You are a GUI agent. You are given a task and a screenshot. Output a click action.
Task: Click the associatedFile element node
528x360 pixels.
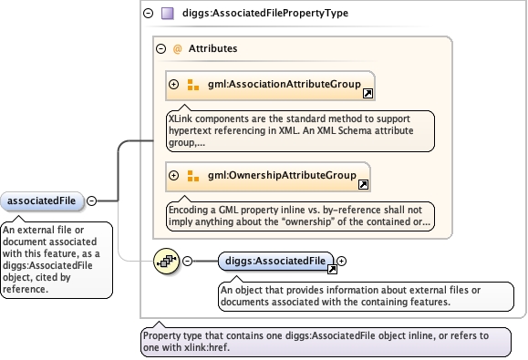[x=42, y=201]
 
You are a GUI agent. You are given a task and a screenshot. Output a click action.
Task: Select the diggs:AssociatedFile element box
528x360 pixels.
[x=275, y=261]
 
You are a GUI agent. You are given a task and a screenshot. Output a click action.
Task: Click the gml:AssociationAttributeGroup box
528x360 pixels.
[x=270, y=86]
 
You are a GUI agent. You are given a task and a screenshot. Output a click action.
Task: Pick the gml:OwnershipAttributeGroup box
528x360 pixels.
[x=268, y=177]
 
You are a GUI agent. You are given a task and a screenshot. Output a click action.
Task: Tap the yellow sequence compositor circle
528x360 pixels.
[x=166, y=261]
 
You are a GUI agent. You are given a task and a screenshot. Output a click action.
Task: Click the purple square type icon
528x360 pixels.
[x=168, y=13]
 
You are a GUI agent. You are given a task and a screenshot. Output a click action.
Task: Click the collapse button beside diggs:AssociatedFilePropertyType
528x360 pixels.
[x=148, y=13]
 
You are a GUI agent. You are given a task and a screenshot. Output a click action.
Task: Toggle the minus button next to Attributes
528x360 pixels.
[x=161, y=49]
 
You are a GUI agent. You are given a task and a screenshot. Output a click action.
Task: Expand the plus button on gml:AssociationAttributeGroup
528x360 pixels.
[x=174, y=84]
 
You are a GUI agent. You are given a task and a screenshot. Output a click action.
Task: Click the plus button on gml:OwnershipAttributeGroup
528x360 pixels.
[x=174, y=175]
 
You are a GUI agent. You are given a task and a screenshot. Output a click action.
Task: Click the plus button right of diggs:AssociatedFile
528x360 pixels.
[x=341, y=261]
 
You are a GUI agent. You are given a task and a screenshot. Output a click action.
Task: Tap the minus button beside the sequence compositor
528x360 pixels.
[x=188, y=261]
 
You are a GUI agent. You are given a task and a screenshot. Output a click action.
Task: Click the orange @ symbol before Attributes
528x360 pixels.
[x=178, y=49]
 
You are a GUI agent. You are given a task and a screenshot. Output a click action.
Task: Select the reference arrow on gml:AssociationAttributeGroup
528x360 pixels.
[x=368, y=94]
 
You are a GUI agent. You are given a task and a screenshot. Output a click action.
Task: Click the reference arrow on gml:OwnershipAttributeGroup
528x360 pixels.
[x=363, y=184]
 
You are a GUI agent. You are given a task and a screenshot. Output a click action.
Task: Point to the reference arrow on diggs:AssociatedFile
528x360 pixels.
[x=332, y=269]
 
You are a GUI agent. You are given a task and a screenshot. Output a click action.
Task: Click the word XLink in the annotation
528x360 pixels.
[x=181, y=118]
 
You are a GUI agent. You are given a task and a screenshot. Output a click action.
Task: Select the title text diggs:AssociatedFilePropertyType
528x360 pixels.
[x=265, y=13]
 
